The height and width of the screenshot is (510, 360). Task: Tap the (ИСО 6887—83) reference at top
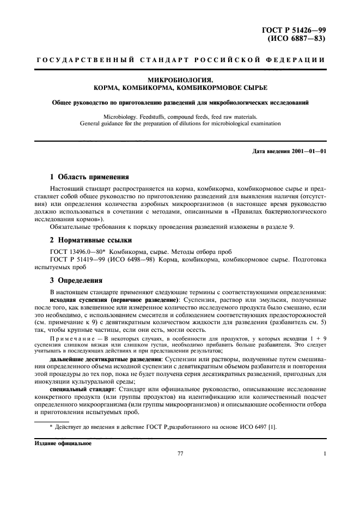pos(297,40)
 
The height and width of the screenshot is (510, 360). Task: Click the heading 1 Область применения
pos(89,177)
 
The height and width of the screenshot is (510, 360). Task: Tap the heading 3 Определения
pos(76,281)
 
